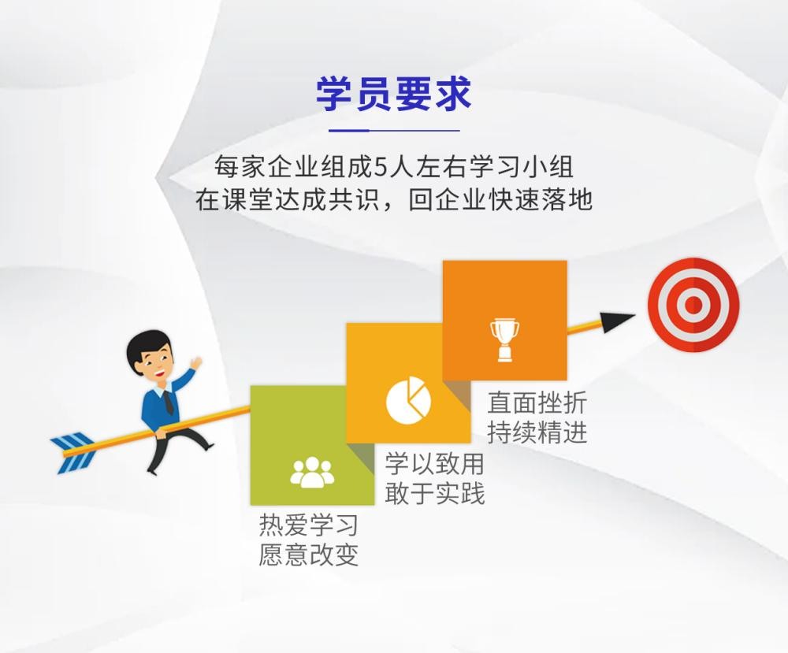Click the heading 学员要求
pyautogui.click(x=393, y=94)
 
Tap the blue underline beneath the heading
pyautogui.click(x=394, y=130)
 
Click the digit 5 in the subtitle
pyautogui.click(x=381, y=167)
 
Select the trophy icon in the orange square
pyautogui.click(x=505, y=340)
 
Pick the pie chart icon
pyautogui.click(x=408, y=400)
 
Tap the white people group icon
pyautogui.click(x=312, y=472)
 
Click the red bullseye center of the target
pyautogui.click(x=693, y=304)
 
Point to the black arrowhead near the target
pyautogui.click(x=617, y=321)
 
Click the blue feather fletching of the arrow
pyautogui.click(x=73, y=452)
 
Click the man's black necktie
pyautogui.click(x=169, y=402)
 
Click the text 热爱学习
pyautogui.click(x=309, y=525)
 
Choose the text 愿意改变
pyautogui.click(x=309, y=555)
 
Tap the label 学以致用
pyautogui.click(x=435, y=463)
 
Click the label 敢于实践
pyautogui.click(x=435, y=493)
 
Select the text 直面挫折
pyautogui.click(x=537, y=403)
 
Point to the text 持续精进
pyautogui.click(x=537, y=432)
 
